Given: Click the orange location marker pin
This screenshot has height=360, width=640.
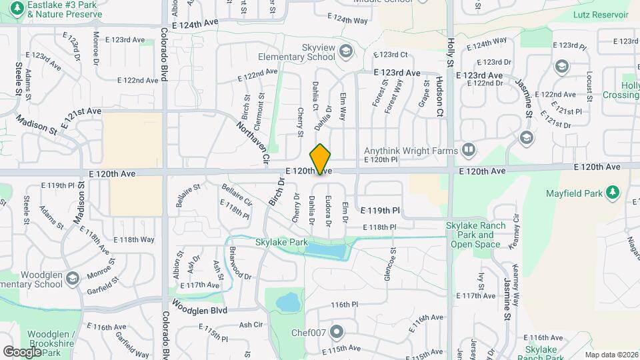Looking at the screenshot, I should tap(320, 159).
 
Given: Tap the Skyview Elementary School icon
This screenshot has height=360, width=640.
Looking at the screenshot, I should tap(345, 50).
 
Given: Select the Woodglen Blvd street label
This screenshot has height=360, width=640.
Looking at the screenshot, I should tap(199, 310).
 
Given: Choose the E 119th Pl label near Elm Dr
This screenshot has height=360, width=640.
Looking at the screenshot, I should tap(380, 210).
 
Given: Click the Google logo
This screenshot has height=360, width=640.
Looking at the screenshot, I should tap(22, 351).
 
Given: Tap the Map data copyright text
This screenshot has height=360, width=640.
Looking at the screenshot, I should tap(610, 355).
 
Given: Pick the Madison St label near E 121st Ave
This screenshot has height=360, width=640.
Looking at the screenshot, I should tap(36, 123).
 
